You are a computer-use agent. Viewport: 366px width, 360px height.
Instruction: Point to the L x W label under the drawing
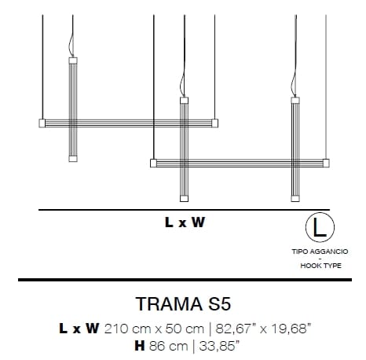click(x=185, y=222)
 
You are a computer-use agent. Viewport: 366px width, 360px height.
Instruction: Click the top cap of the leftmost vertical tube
click(x=73, y=59)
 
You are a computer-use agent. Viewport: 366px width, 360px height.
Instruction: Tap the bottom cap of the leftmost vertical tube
click(x=73, y=159)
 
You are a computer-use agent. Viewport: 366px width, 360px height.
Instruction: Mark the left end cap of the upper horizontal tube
click(x=42, y=123)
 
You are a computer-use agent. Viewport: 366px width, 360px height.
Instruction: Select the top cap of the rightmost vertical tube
click(x=295, y=100)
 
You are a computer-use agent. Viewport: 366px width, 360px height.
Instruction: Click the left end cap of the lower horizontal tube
click(x=152, y=163)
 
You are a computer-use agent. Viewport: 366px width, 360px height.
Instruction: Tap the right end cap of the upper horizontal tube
click(x=214, y=123)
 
